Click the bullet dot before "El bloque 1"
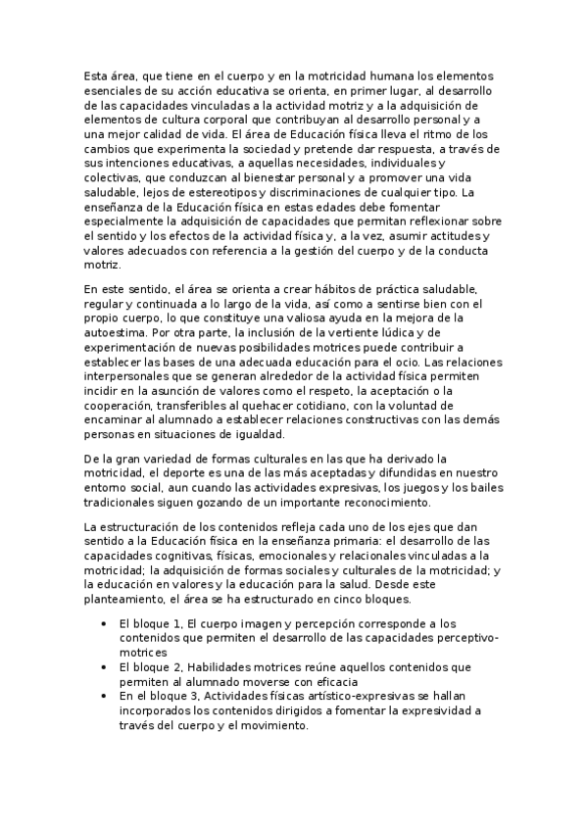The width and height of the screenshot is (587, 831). pos(104,622)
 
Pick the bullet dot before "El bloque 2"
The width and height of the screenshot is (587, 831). pos(104,666)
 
